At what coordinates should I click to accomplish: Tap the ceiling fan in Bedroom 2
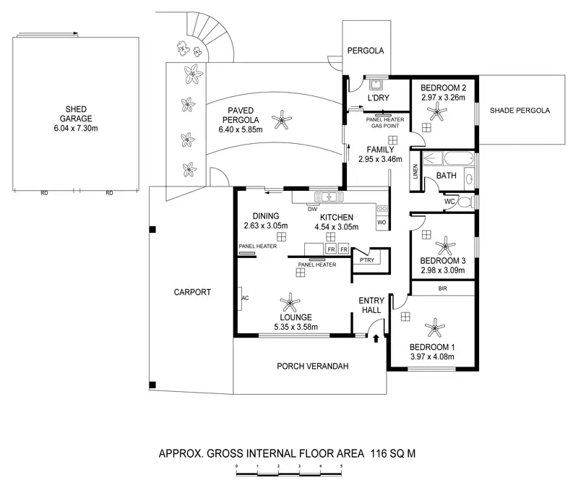(x=436, y=111)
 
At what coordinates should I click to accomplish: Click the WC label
(x=449, y=202)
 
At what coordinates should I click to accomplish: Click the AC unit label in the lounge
(x=245, y=296)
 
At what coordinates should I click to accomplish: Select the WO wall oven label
(x=381, y=222)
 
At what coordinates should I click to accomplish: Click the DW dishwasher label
(x=312, y=210)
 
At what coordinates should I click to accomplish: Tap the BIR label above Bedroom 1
(x=442, y=288)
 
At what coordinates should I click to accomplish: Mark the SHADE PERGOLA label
(x=520, y=111)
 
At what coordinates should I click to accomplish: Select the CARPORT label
(x=191, y=293)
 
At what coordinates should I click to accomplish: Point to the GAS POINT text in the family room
(x=384, y=126)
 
